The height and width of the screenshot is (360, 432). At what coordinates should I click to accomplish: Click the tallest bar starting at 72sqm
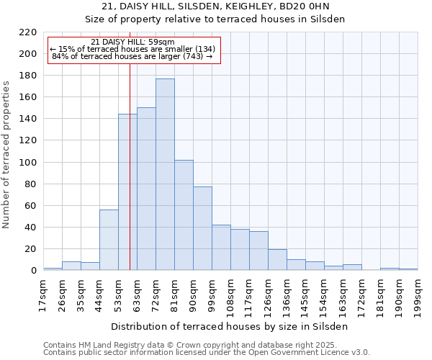[x=165, y=174]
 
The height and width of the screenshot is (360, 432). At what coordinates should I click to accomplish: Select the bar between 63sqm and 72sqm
[x=146, y=189]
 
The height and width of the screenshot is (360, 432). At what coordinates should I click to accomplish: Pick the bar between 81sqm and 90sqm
[x=184, y=215]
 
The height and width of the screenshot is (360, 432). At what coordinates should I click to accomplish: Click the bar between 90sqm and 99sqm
[x=202, y=228]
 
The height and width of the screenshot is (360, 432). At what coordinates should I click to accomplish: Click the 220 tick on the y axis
[x=28, y=32]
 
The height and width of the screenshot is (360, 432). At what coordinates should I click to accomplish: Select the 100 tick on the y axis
[x=28, y=163]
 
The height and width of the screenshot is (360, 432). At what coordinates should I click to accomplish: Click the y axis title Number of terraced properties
[x=7, y=155]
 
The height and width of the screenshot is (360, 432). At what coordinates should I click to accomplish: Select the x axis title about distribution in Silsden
[x=230, y=326]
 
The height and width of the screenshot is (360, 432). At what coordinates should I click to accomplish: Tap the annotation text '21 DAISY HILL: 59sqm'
[x=133, y=42]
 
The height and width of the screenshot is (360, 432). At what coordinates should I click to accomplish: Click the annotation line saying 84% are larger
[x=133, y=56]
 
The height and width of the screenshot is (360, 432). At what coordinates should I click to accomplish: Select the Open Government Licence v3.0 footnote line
[x=207, y=353]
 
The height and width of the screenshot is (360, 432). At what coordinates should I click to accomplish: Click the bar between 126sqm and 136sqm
[x=277, y=260]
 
